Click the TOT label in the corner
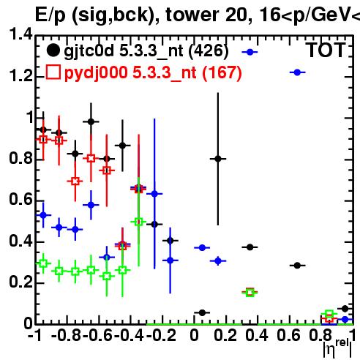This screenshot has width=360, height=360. click(x=326, y=50)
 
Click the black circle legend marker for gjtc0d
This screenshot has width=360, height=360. click(x=53, y=50)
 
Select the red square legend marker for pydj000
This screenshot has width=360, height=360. click(x=53, y=72)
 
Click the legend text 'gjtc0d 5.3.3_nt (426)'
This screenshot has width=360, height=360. click(x=146, y=51)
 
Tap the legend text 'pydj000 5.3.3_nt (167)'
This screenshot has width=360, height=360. click(x=153, y=72)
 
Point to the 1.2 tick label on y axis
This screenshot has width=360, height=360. click(x=20, y=76)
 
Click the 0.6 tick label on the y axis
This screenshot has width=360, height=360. click(x=20, y=200)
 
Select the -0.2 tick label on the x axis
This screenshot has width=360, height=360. click(x=161, y=336)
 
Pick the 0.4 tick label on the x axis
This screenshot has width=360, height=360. click(x=257, y=336)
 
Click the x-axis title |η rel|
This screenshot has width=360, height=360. click(x=338, y=349)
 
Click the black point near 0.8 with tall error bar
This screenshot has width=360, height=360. click(x=218, y=159)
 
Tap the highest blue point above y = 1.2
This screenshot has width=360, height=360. click(x=250, y=52)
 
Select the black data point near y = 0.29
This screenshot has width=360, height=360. click(x=297, y=266)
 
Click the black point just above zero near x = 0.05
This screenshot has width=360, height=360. click(x=202, y=312)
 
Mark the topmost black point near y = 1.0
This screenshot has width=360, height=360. click(x=91, y=121)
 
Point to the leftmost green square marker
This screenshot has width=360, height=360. click(x=43, y=263)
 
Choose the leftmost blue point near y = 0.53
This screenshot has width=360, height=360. click(x=43, y=215)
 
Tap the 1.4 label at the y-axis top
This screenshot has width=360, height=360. click(x=20, y=34)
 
